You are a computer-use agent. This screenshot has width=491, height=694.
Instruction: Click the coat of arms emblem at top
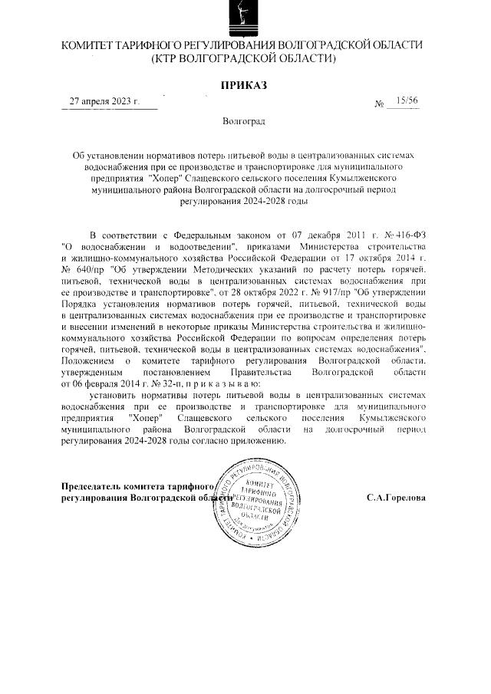tap(244, 18)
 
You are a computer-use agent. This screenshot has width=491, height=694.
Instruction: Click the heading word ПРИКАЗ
tap(244, 85)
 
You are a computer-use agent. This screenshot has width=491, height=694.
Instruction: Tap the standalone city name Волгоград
tap(244, 121)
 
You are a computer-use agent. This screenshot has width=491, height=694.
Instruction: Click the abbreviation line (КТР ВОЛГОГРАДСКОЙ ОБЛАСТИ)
tap(244, 58)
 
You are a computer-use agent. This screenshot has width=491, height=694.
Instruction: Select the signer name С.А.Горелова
tap(396, 497)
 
